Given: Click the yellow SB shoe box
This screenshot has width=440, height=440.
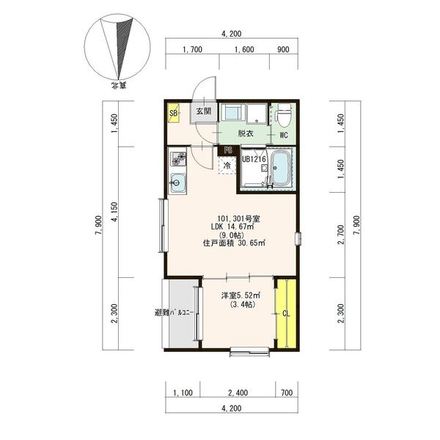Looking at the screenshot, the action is click(174, 113).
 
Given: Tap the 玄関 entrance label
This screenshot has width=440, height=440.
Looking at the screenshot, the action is click(203, 111).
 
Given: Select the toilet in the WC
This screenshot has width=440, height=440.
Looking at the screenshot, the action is click(282, 115).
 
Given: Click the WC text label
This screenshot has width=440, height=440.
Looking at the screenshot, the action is click(284, 135).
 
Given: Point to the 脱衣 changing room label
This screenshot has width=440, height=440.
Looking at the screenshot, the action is click(246, 133).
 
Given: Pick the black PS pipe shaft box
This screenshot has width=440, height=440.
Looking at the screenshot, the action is click(228, 150).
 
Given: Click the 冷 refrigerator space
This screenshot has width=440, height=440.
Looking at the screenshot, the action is click(227, 166).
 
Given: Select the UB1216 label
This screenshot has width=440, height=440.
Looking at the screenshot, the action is click(254, 159).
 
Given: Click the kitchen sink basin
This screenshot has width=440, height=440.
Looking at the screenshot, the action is click(177, 183).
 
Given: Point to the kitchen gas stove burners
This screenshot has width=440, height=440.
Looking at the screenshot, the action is click(178, 158).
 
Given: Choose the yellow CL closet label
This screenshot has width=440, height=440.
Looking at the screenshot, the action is click(286, 314).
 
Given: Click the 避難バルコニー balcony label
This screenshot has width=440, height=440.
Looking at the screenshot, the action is click(174, 312).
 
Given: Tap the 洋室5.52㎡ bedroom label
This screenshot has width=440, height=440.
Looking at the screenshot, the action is click(241, 296).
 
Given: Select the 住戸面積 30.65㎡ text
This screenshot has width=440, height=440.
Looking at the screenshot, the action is click(234, 243).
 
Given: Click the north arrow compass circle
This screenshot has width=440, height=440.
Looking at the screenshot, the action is click(117, 47).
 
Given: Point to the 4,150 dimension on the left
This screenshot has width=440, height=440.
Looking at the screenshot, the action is click(115, 212).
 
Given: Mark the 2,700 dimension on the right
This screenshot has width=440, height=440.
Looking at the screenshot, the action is click(341, 235).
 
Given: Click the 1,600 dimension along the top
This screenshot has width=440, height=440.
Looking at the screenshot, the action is click(244, 50).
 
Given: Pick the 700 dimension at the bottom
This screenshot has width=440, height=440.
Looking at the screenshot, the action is click(287, 392).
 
